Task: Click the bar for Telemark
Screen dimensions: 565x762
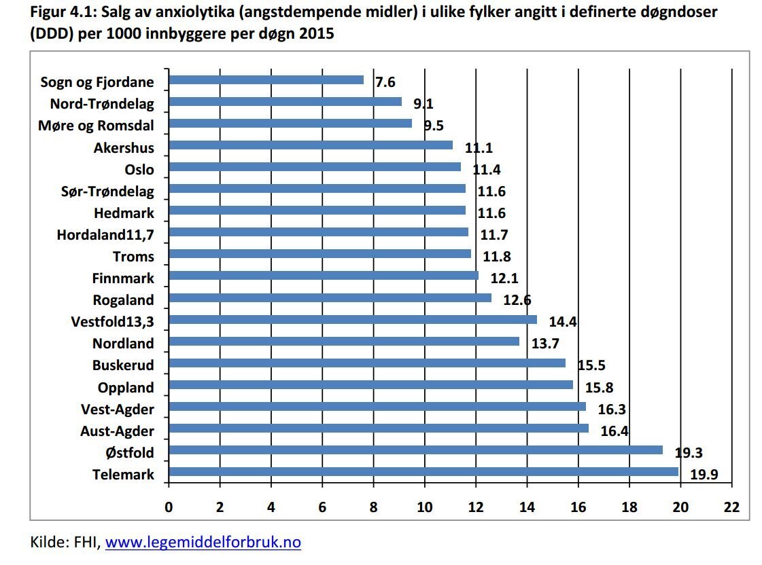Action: (x=423, y=471)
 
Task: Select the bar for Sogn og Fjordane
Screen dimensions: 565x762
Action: (x=266, y=80)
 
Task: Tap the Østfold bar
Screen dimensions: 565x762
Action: (x=415, y=450)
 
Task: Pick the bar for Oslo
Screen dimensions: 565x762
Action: (x=314, y=167)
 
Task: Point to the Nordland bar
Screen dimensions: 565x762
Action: (x=343, y=341)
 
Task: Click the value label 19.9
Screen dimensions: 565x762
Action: (x=704, y=475)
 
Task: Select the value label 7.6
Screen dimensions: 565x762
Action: (x=385, y=83)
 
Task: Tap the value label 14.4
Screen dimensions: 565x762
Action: (x=562, y=322)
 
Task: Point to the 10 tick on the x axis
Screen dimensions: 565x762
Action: (x=424, y=507)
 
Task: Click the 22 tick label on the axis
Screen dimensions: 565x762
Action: (x=731, y=507)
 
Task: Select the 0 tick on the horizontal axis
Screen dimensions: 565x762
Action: (x=169, y=507)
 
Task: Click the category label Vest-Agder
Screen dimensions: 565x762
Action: (x=117, y=409)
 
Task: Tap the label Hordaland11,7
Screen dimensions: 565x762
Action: (x=105, y=235)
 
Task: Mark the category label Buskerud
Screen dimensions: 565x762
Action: (x=123, y=365)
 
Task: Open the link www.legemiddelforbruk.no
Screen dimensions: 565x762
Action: (x=203, y=543)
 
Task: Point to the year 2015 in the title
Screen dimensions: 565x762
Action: (x=315, y=33)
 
